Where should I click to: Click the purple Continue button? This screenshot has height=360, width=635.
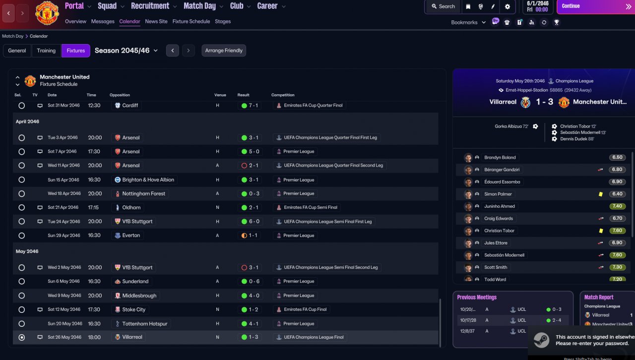click(595, 6)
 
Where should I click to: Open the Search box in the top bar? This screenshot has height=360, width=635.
click(444, 6)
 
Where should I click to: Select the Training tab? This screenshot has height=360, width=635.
click(46, 51)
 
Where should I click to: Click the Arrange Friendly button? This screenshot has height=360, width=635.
click(224, 51)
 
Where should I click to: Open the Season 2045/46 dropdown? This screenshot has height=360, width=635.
click(126, 51)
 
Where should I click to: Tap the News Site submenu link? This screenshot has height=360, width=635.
click(156, 21)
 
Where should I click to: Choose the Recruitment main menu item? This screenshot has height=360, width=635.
click(150, 6)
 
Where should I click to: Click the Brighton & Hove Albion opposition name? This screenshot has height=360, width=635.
click(148, 180)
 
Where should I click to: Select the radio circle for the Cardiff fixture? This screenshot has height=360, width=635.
click(21, 106)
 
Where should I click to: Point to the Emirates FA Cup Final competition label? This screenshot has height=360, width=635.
click(305, 309)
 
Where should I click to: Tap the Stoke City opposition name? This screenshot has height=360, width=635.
click(133, 309)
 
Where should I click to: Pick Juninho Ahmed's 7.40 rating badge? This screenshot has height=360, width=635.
click(617, 206)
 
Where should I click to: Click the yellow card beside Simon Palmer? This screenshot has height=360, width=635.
click(601, 194)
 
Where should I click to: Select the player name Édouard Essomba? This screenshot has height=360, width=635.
click(502, 181)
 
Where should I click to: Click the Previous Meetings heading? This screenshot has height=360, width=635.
click(477, 297)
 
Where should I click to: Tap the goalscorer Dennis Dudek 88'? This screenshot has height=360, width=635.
click(577, 139)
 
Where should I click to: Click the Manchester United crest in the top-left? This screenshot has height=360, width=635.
click(47, 13)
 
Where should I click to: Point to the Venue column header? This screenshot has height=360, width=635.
click(220, 95)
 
